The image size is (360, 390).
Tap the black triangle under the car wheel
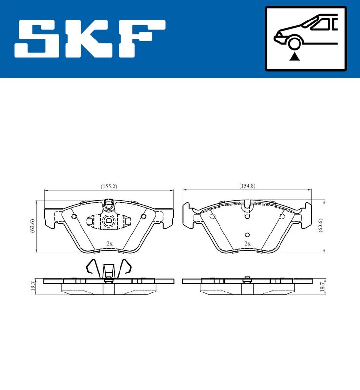[x=294, y=57]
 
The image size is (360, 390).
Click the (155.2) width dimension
[x=109, y=186]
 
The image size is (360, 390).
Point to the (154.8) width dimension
[x=247, y=186]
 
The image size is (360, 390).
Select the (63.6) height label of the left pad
[x=32, y=227]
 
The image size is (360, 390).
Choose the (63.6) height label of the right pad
[x=320, y=227]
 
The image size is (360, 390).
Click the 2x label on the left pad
[x=110, y=243]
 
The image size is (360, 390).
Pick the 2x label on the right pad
[x=247, y=243]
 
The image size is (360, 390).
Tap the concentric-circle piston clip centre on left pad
[x=109, y=221]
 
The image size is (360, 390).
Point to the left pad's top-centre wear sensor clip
[x=109, y=204]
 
